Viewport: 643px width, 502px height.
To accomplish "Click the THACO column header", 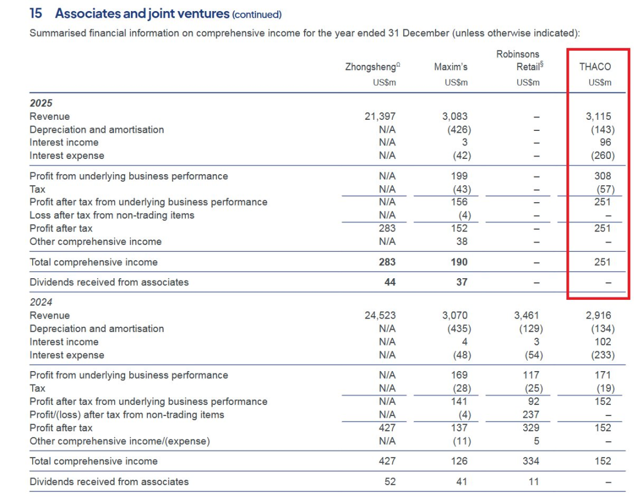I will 595,67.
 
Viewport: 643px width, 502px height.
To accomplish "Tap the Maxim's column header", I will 451,67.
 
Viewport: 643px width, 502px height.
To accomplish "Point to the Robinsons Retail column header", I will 519,61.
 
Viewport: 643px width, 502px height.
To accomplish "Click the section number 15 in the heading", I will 36,13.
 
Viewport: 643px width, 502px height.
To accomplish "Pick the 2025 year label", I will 41,103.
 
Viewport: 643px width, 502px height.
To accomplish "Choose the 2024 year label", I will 41,302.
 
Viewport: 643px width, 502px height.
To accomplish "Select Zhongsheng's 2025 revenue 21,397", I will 380,116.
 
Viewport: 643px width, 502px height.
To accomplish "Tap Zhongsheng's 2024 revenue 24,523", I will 380,316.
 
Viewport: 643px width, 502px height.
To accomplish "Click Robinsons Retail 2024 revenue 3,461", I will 528,316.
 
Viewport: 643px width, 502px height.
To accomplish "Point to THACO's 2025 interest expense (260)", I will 602,156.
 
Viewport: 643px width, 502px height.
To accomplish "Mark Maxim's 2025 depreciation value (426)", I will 458,130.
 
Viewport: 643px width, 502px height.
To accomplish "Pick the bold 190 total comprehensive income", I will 459,262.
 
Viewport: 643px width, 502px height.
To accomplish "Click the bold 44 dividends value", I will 390,282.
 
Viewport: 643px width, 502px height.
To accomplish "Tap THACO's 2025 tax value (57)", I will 604,189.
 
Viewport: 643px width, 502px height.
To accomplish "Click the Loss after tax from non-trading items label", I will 112,215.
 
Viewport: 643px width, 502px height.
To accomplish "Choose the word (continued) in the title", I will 257,15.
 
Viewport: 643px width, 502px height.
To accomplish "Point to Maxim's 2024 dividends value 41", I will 462,482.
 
